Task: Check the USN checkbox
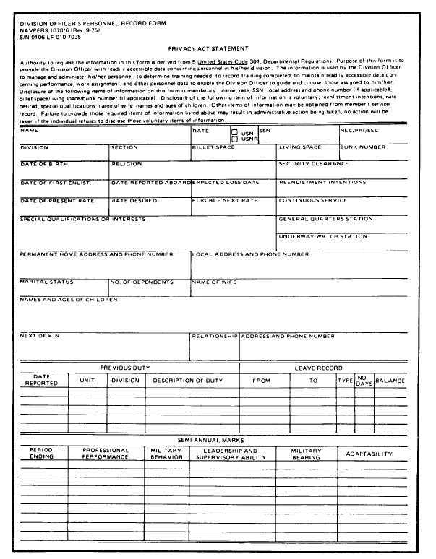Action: [x=234, y=133]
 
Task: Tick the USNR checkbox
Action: [x=234, y=139]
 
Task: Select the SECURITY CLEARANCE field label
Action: [x=314, y=164]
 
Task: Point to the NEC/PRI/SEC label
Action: [x=359, y=131]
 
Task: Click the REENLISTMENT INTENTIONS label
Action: [x=322, y=183]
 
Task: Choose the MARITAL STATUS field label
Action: [x=46, y=282]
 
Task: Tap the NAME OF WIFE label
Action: [x=215, y=282]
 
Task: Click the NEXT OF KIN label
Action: [x=39, y=336]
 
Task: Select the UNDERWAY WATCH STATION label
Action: [x=323, y=236]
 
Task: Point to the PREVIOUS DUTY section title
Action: [x=124, y=368]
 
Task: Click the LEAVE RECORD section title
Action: [x=319, y=368]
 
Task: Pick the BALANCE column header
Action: [x=390, y=381]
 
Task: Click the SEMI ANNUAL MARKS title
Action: [x=210, y=440]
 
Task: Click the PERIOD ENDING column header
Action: [x=41, y=453]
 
